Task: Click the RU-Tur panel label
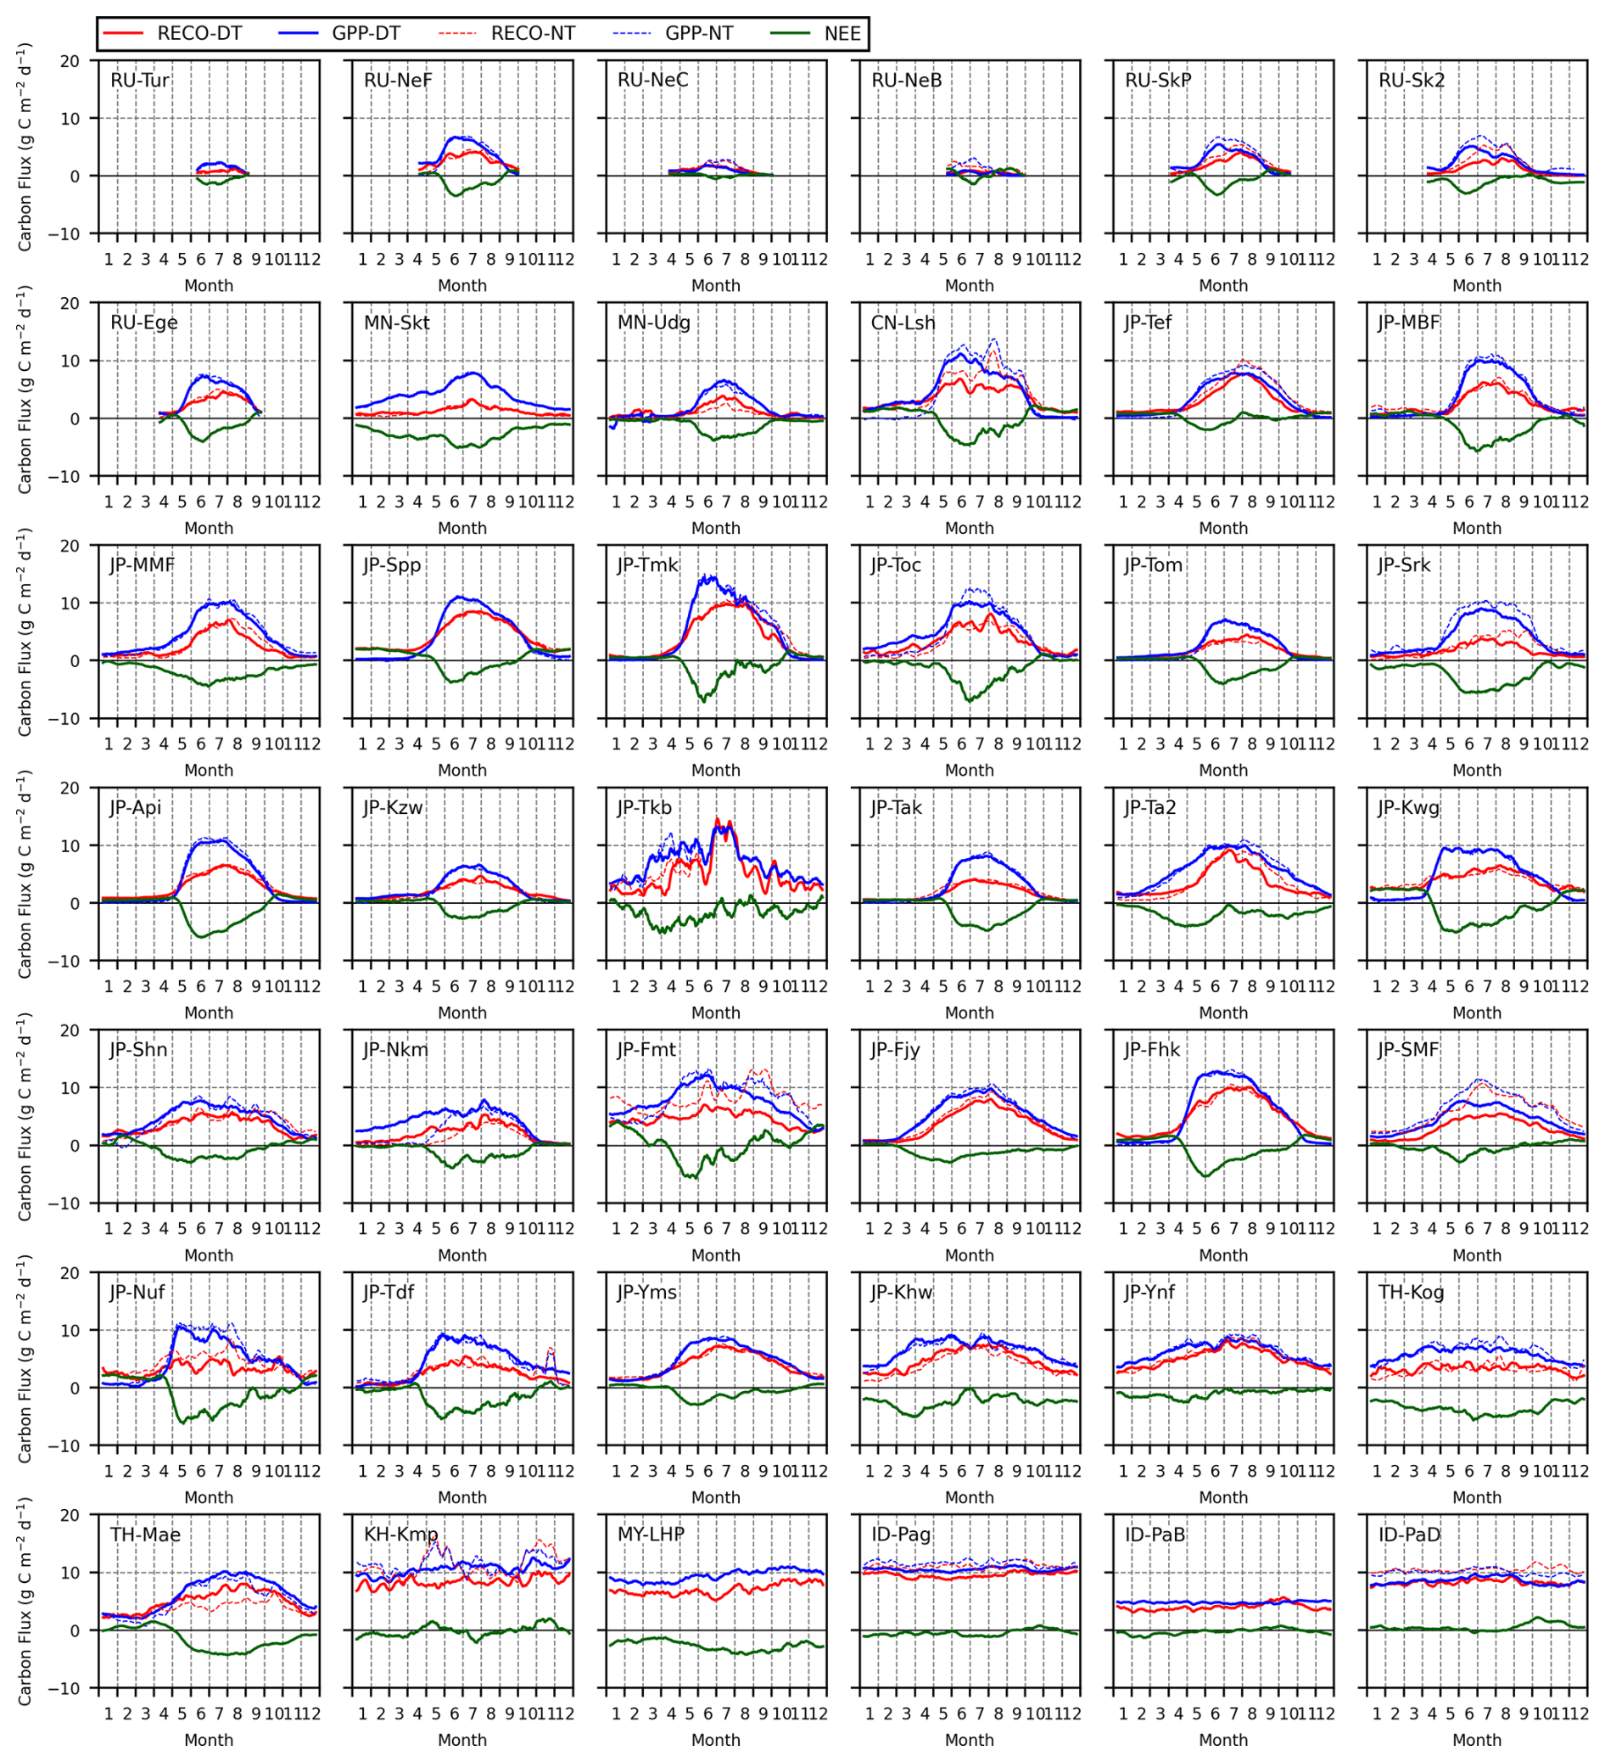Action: coord(140,81)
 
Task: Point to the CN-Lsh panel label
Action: coord(903,323)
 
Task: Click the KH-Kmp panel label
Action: coord(400,1535)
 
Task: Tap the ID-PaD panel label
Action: coord(1409,1535)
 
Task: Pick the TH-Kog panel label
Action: coord(1411,1292)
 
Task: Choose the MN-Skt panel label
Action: coord(397,323)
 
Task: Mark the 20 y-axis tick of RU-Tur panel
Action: coord(70,61)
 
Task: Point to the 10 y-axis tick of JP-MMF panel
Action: coord(70,603)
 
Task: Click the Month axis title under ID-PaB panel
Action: coord(1222,1740)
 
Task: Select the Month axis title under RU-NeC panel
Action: coord(716,286)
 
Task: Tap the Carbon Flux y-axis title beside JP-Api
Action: coord(25,874)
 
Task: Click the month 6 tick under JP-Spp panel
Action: coord(455,744)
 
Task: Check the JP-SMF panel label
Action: coord(1408,1050)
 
